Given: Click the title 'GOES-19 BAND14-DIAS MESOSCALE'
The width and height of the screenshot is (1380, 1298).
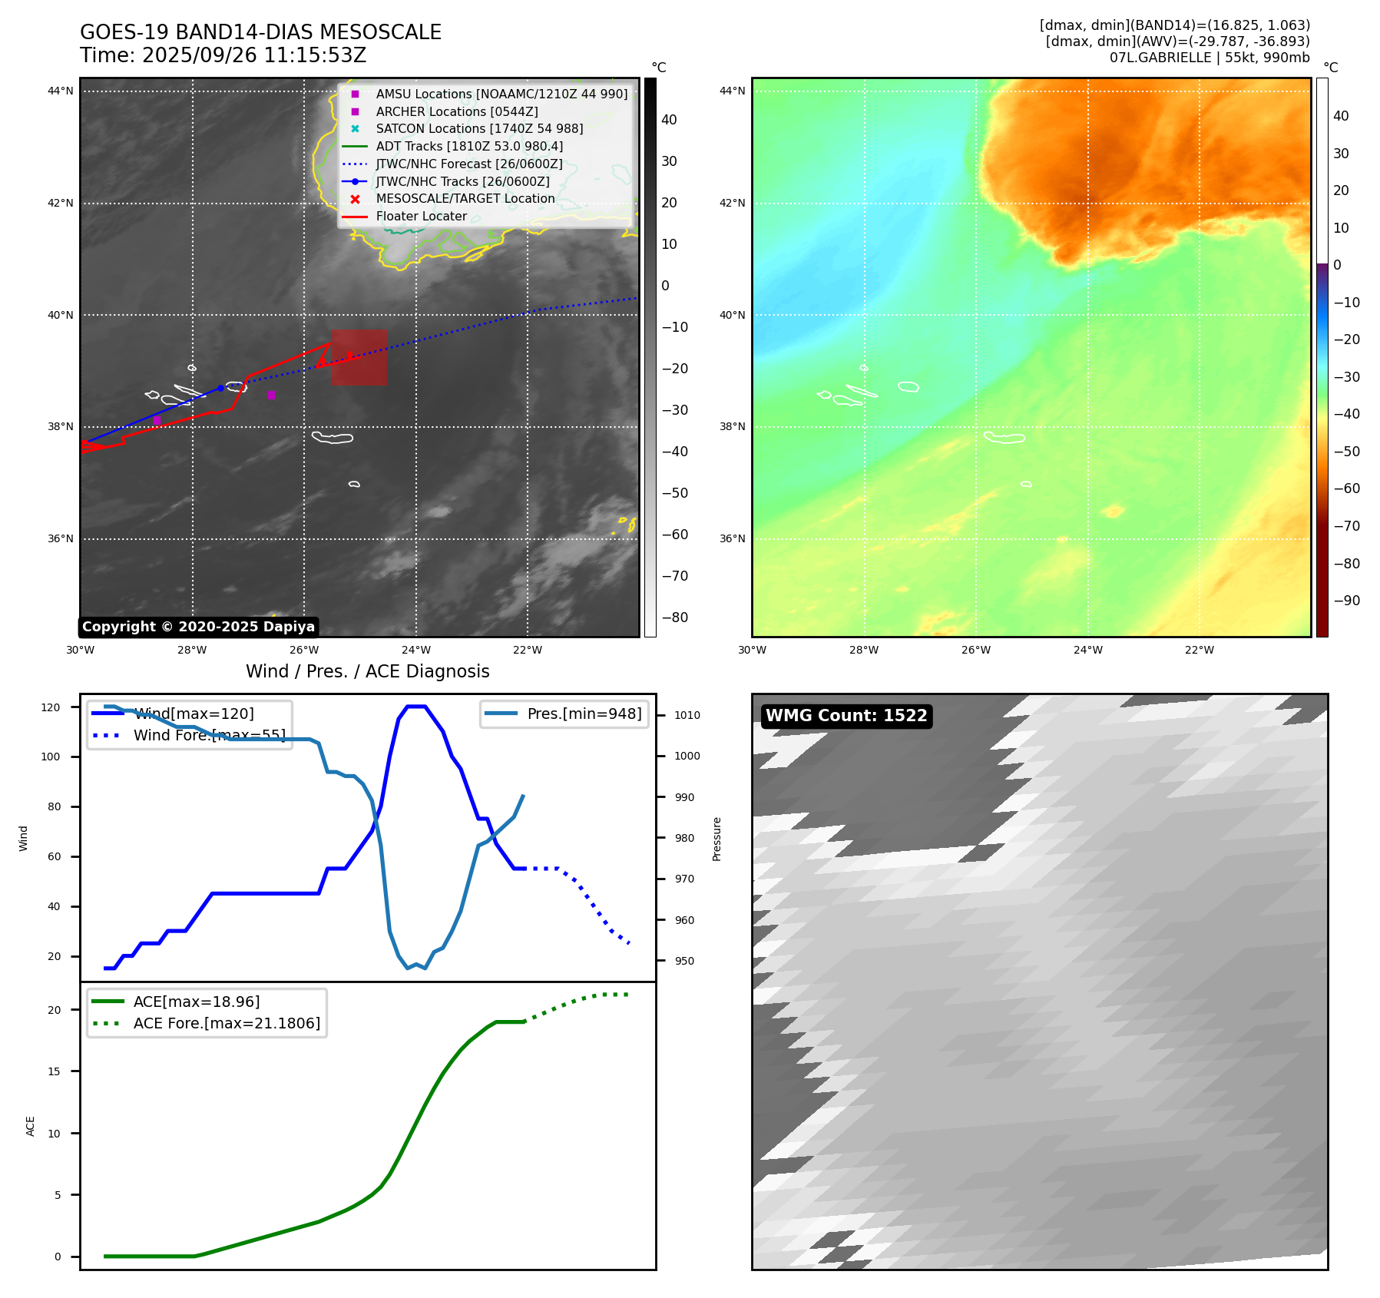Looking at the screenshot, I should point(260,32).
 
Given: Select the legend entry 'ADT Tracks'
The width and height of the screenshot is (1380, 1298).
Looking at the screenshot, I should point(468,146).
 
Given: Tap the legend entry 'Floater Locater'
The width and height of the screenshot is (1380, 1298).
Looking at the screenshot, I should point(421,216).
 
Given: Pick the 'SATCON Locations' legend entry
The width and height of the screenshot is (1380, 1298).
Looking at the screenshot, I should point(478,128).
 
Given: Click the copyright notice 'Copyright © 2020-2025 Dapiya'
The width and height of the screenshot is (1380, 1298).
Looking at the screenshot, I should point(198,627).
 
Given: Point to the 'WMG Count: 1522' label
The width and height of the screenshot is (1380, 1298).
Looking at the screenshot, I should point(846,716).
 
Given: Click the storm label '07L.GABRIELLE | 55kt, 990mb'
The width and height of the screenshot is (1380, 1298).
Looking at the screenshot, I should point(1209,58).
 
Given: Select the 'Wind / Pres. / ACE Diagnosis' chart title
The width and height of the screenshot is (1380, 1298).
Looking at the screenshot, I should point(367,671).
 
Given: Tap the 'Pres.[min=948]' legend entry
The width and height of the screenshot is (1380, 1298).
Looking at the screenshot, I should point(584,714).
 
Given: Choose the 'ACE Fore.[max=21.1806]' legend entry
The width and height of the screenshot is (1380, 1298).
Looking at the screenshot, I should point(226,1023).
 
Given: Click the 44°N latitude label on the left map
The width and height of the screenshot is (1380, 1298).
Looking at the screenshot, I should point(61,91).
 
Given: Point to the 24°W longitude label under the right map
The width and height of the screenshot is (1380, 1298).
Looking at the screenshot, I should point(1087,650).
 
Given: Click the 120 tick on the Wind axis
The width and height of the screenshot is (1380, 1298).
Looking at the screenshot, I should point(51,707).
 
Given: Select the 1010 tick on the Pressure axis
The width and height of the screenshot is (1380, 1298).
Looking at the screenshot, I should point(687,715).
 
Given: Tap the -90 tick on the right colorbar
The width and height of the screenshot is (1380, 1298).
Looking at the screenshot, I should point(1346,601).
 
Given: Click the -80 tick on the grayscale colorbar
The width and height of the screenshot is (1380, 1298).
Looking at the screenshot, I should point(675,618).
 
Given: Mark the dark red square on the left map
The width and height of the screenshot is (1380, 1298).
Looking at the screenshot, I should point(359,357).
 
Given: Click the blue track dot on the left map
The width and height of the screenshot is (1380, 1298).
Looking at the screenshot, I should point(220,388).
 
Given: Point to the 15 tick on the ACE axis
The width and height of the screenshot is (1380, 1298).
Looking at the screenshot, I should point(54,1071).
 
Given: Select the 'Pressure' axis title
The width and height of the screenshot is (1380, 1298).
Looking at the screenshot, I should point(716,839).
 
